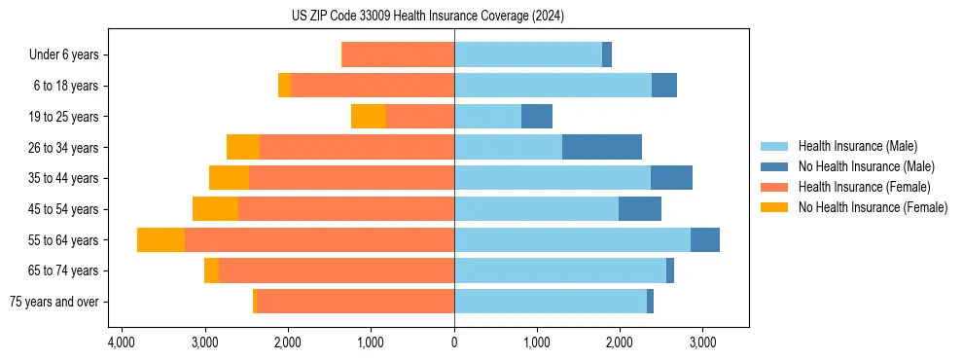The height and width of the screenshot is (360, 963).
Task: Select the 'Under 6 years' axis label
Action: pos(70,55)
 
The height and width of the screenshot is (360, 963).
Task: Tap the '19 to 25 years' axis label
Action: pos(63,117)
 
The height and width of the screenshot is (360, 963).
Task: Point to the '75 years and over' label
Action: pos(54,302)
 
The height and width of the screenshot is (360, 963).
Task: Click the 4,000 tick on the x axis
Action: pos(122,343)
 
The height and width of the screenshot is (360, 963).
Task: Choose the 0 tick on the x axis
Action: pos(454,343)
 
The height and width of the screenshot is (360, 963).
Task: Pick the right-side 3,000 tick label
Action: pos(703,343)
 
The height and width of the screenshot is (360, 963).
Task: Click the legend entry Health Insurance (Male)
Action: pos(857,146)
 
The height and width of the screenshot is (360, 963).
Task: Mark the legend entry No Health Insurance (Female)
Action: pos(873,207)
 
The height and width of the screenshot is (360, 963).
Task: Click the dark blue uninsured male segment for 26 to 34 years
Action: pos(602,148)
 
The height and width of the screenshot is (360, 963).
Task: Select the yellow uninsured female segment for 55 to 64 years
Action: pos(160,240)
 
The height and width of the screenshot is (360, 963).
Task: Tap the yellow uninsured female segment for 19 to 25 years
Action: pos(369,117)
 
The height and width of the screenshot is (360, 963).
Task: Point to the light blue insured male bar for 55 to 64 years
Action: pos(572,240)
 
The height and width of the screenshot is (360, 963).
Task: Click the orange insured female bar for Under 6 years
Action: pos(399,55)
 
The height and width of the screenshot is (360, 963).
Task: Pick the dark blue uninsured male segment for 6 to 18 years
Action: pos(664,86)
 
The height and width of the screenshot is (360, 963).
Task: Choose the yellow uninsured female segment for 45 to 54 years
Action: pos(215,209)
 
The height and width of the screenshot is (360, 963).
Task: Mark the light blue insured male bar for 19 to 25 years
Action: pos(487,117)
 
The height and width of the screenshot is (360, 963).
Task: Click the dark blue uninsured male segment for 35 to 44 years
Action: pos(671,178)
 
